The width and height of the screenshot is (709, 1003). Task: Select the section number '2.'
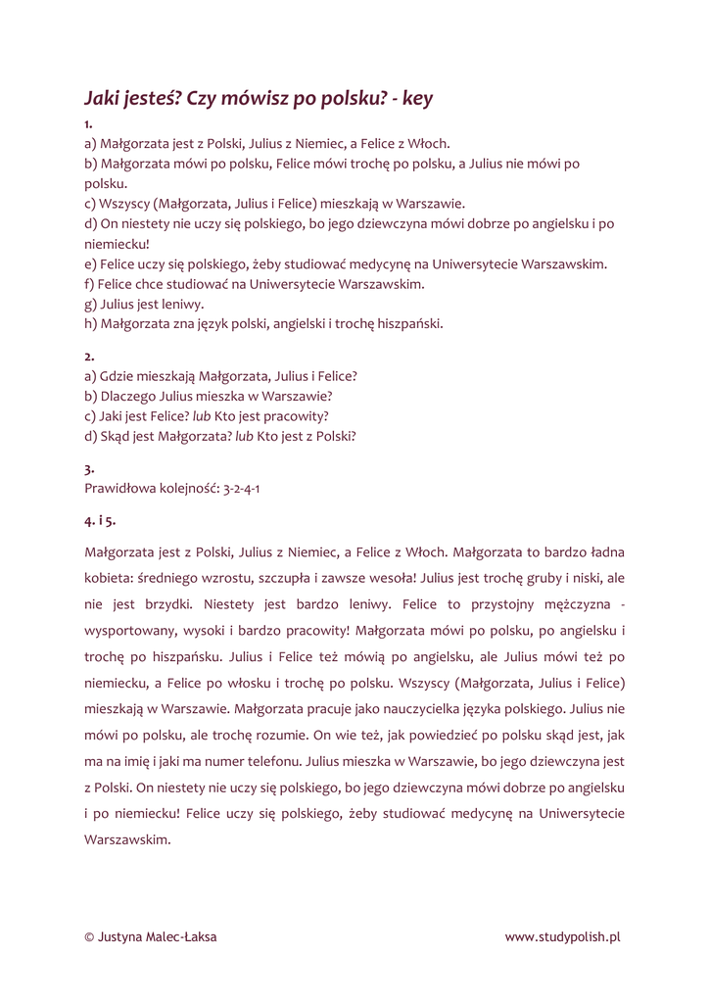point(89,356)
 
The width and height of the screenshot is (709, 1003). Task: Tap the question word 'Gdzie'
point(116,376)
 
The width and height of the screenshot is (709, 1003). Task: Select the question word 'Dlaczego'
point(127,397)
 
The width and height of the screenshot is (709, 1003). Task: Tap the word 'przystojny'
point(502,604)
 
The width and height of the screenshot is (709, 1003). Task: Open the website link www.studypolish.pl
point(563,937)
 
